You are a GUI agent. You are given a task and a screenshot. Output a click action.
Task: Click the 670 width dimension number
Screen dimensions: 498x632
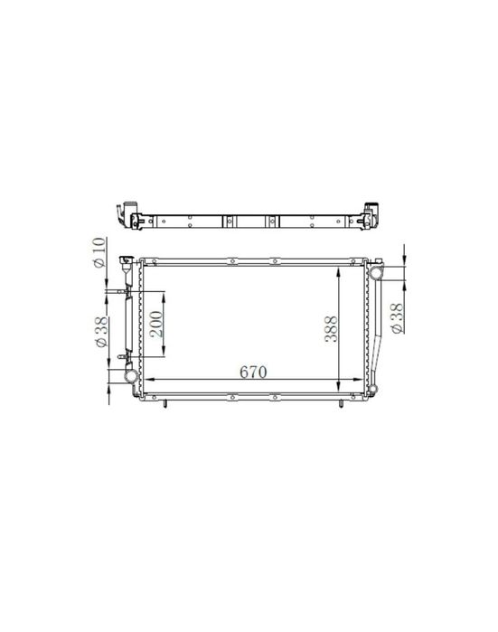pyautogui.click(x=253, y=372)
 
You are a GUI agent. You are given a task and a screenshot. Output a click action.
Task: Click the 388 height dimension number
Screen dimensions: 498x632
pyautogui.click(x=331, y=329)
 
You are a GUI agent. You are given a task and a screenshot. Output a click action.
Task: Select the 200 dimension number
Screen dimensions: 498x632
pyautogui.click(x=156, y=324)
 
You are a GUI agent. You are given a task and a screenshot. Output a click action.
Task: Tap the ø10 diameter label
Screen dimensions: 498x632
pyautogui.click(x=99, y=252)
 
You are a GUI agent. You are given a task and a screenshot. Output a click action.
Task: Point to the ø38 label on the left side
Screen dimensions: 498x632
pyautogui.click(x=101, y=332)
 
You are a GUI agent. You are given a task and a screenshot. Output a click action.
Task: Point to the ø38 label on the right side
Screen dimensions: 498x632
pyautogui.click(x=397, y=318)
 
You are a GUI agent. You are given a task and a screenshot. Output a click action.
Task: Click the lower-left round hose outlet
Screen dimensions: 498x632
pyautogui.click(x=130, y=376)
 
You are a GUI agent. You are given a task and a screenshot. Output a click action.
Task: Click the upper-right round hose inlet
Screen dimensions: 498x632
pyautogui.click(x=376, y=272)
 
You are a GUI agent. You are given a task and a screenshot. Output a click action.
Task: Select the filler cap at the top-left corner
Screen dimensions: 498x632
pyautogui.click(x=126, y=260)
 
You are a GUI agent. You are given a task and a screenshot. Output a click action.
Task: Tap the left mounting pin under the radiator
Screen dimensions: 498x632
pyautogui.click(x=164, y=403)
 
